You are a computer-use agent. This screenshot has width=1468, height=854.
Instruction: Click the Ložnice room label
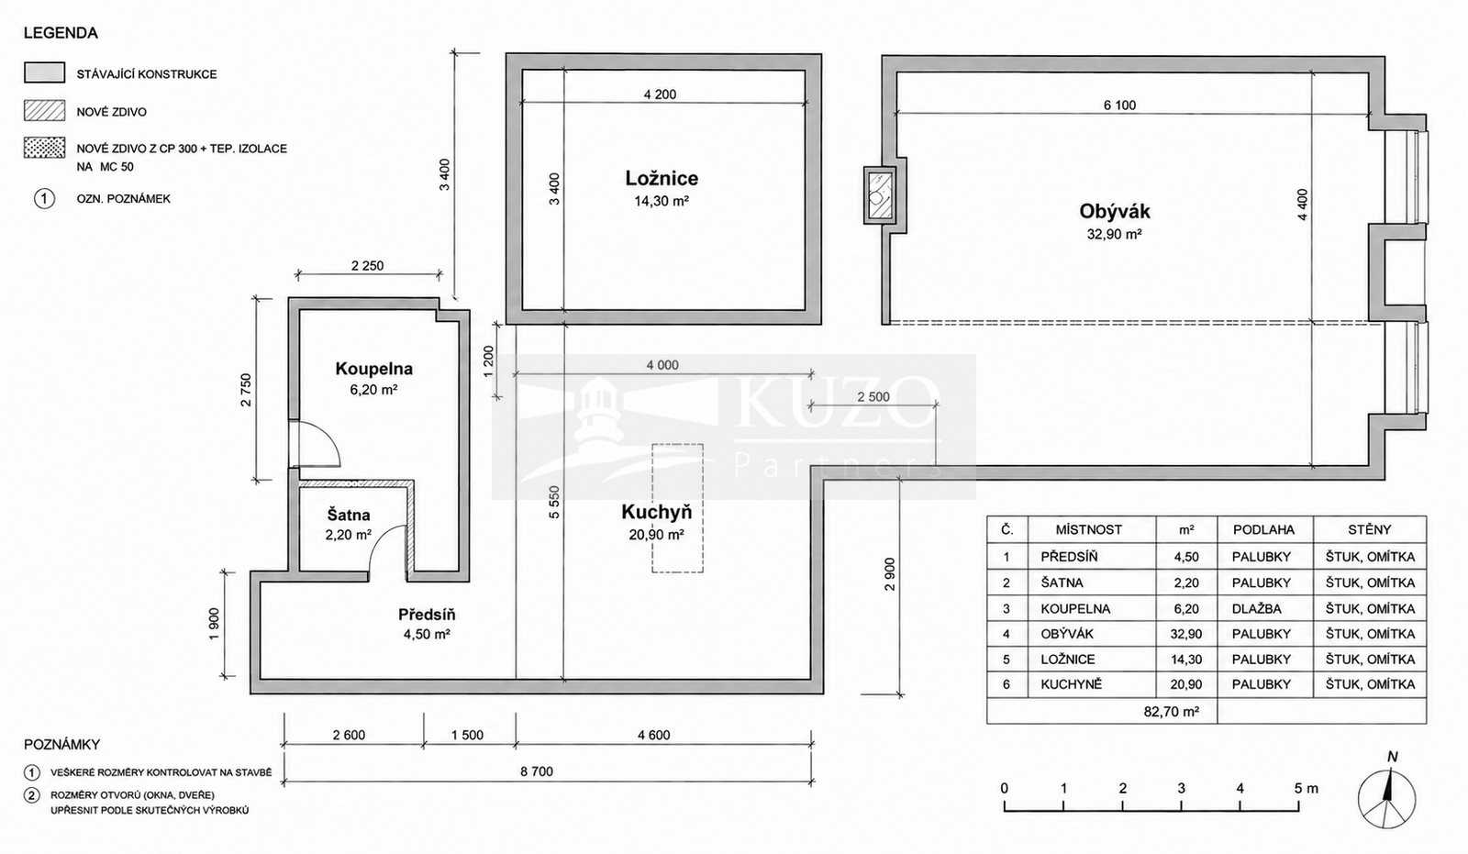point(662,178)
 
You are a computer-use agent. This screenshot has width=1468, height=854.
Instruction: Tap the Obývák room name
point(1115,211)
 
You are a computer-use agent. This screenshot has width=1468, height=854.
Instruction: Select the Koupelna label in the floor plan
point(373,369)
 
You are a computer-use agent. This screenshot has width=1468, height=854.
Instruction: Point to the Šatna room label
point(349,516)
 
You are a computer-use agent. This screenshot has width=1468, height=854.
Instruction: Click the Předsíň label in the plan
point(427,615)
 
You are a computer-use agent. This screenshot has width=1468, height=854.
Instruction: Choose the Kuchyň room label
point(656,512)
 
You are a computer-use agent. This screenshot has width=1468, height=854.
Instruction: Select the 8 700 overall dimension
point(537,771)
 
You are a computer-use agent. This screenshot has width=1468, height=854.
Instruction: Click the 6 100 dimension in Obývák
point(1119,105)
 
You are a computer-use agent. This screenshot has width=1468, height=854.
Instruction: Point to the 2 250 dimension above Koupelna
point(367,265)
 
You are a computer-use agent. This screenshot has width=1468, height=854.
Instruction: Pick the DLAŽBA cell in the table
point(1256,609)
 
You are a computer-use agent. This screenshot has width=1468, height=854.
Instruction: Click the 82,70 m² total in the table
point(1171,711)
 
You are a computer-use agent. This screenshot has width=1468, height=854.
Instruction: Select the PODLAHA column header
point(1263,529)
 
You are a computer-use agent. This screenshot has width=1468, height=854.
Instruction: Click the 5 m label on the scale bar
point(1307,789)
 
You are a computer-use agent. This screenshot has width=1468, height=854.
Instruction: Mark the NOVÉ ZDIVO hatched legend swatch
point(45,111)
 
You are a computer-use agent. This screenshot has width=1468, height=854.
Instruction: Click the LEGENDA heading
point(61,33)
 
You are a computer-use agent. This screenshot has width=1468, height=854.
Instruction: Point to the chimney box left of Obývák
point(880,194)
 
